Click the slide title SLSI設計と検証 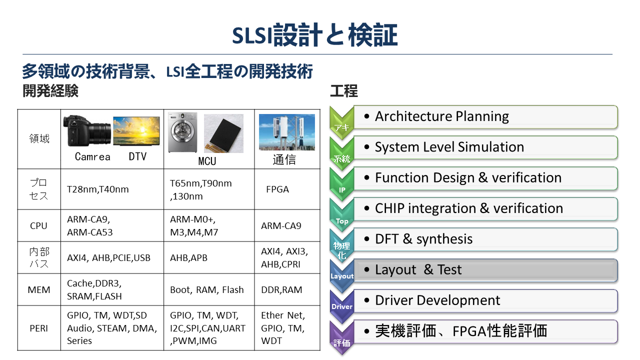pos(314,35)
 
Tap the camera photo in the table pos(87,130)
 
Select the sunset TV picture pos(136,131)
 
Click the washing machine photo pos(183,132)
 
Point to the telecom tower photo pos(287,132)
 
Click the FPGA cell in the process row pos(277,189)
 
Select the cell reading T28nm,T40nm pos(97,189)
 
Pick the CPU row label pos(38,225)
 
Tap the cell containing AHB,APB pos(188,257)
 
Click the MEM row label pos(39,289)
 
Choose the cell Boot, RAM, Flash pos(207,289)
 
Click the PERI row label pos(39,328)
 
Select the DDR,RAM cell pos(281,289)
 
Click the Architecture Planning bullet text pos(441,116)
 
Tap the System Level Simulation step pos(449,147)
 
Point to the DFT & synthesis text pos(423,239)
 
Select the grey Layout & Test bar pos(485,270)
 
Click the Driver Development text pos(437,300)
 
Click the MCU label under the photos pos(207,161)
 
